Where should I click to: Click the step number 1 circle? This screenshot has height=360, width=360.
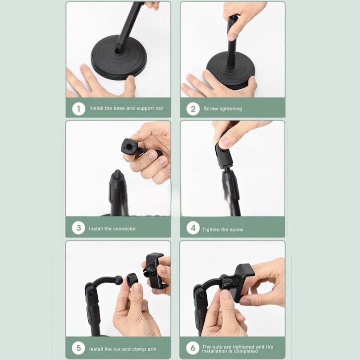(x=79, y=109)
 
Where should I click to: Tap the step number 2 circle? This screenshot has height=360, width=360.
(x=193, y=109)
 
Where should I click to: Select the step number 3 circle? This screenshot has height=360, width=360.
(x=78, y=228)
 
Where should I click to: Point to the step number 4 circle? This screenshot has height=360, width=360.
(x=193, y=228)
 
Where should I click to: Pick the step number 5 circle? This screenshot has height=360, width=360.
(x=78, y=348)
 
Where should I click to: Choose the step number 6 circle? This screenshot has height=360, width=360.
(x=193, y=348)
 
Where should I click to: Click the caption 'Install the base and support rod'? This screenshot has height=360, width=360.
(x=126, y=108)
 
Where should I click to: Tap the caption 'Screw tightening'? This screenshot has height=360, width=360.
(x=223, y=109)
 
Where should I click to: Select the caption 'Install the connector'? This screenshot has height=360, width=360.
(x=113, y=229)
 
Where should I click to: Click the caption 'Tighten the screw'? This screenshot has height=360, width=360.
(x=223, y=230)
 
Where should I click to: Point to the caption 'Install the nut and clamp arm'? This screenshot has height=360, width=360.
(x=123, y=349)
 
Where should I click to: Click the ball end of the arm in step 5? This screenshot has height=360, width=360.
(x=119, y=280)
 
